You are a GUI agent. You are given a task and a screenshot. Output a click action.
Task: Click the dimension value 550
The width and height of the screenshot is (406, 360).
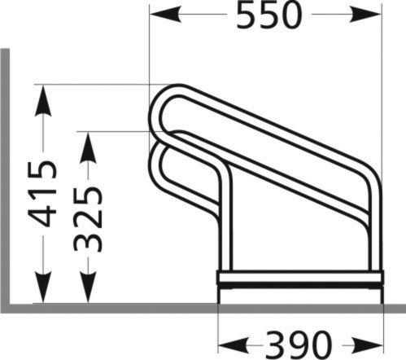[x=269, y=15]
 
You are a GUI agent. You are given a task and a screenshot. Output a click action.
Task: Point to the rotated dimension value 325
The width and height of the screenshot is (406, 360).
[x=88, y=218]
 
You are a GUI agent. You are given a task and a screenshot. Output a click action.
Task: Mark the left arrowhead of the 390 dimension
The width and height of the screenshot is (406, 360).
[x=231, y=341]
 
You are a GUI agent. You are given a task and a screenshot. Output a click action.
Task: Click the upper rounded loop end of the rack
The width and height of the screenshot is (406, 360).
[x=158, y=110]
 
